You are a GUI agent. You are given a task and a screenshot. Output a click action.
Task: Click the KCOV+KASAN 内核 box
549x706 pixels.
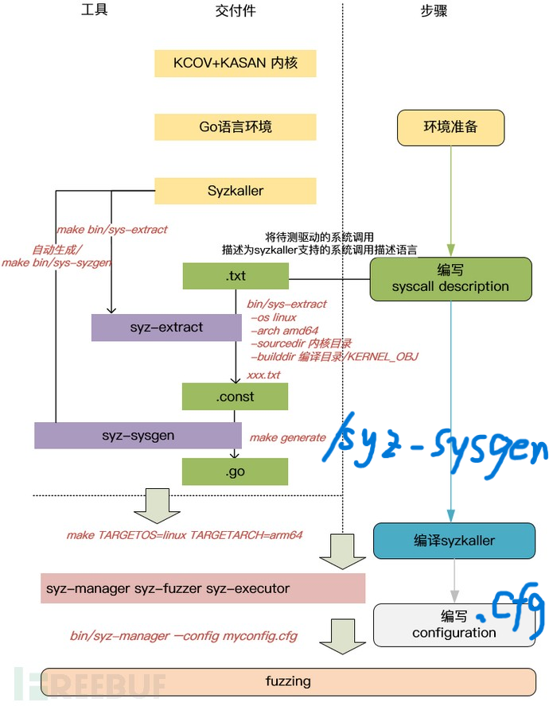coord(236,63)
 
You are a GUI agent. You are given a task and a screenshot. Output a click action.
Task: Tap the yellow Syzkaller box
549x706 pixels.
coord(236,191)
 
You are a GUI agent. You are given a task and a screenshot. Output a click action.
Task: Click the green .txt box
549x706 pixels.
coord(236,276)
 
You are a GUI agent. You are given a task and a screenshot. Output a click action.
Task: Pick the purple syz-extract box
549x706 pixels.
coord(166,328)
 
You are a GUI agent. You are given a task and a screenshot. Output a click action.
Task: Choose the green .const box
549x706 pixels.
coord(236,395)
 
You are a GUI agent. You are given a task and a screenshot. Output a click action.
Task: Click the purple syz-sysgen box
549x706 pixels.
coord(138,436)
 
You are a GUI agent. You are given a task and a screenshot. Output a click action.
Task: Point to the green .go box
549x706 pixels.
coord(236,472)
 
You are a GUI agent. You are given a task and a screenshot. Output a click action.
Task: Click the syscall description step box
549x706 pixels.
coord(450,278)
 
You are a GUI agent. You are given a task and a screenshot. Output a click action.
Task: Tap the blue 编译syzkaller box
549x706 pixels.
coord(454,541)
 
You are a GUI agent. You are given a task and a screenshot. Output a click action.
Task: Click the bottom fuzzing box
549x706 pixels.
coord(289,681)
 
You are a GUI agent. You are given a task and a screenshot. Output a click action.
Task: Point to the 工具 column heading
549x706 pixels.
coord(94,10)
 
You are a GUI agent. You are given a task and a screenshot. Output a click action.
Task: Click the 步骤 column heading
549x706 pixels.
coord(434,11)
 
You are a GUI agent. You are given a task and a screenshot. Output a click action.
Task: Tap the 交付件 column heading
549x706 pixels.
coord(236,11)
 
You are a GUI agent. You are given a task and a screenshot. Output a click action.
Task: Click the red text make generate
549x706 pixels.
coord(288,437)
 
